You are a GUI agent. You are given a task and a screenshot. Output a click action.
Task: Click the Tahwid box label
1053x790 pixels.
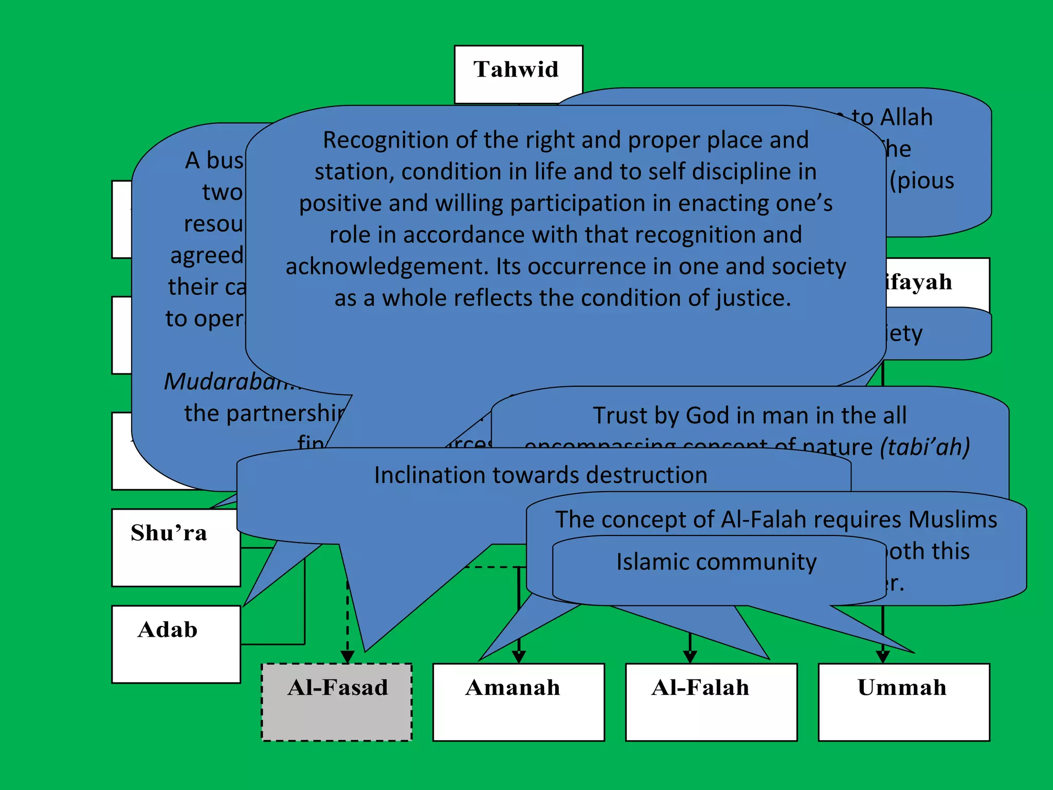click(516, 69)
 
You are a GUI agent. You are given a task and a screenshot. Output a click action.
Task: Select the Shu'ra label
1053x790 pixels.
click(169, 533)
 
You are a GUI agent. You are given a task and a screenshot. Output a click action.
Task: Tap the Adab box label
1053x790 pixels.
click(168, 630)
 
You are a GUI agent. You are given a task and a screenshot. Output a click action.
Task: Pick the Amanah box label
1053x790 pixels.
click(513, 688)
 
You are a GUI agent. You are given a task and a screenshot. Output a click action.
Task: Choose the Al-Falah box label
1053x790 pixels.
click(700, 688)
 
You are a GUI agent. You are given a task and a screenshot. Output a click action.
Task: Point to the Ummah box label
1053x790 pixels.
click(902, 688)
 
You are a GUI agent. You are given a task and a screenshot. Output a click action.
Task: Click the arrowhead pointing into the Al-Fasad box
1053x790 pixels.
click(348, 657)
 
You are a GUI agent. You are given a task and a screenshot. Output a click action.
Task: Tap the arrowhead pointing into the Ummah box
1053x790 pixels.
click(883, 657)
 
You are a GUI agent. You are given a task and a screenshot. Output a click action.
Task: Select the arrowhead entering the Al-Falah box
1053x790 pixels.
click(690, 657)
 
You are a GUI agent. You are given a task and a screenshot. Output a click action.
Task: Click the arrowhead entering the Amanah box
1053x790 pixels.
click(519, 657)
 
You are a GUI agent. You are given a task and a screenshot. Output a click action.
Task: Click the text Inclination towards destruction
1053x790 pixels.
click(540, 475)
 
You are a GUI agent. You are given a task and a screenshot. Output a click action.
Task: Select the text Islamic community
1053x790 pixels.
click(716, 562)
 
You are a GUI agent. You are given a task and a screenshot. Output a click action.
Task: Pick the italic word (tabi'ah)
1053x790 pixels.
click(924, 446)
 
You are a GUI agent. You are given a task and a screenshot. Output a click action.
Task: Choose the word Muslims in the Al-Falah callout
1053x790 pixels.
click(953, 519)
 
